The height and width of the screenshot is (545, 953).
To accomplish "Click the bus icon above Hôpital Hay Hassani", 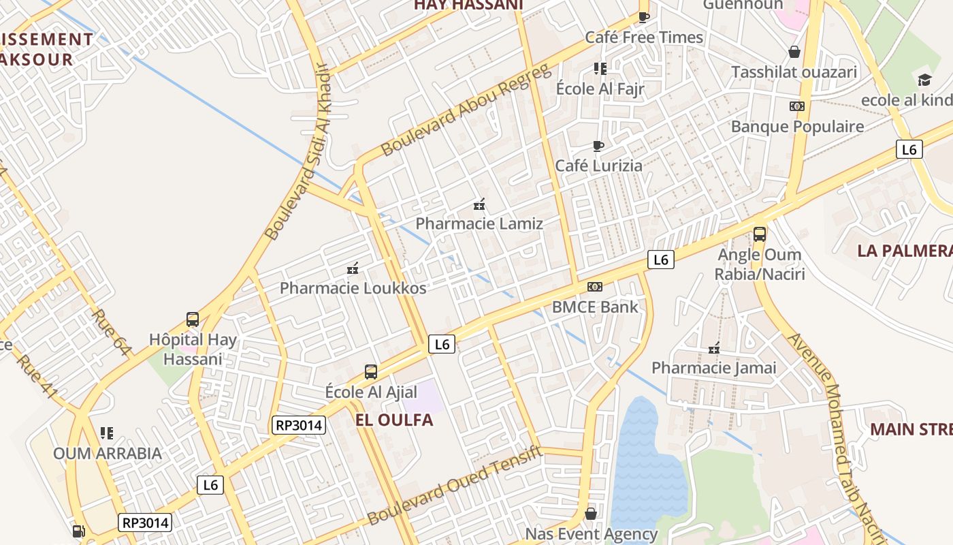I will pyautogui.click(x=193, y=319).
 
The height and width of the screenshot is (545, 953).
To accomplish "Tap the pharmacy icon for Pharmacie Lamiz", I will pyautogui.click(x=479, y=204).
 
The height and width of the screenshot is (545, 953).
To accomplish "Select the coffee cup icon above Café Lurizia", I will pyautogui.click(x=598, y=146).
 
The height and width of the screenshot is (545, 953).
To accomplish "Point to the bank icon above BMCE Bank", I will pyautogui.click(x=595, y=287).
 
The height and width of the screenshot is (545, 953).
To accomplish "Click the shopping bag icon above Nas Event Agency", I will pyautogui.click(x=591, y=513).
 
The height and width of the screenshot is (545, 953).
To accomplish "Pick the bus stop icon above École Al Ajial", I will pyautogui.click(x=371, y=371).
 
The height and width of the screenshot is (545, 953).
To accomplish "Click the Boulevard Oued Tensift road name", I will pyautogui.click(x=455, y=485).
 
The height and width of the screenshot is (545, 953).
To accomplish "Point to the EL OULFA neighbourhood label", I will pyautogui.click(x=394, y=420).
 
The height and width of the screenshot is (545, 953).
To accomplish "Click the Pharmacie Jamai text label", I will pyautogui.click(x=714, y=368).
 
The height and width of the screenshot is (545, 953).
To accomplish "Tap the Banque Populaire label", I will pyautogui.click(x=797, y=126).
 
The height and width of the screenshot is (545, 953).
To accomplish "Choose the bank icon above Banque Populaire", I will pyautogui.click(x=797, y=106).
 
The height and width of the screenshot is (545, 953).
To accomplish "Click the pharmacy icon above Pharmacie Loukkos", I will pyautogui.click(x=353, y=268).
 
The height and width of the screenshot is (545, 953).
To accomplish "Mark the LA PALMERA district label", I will pyautogui.click(x=905, y=251).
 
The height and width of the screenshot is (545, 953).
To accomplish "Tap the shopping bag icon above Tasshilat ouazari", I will pyautogui.click(x=794, y=52).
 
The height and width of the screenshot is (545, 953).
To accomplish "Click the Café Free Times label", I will pyautogui.click(x=644, y=37).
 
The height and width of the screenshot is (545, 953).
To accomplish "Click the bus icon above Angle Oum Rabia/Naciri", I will pyautogui.click(x=760, y=234).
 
